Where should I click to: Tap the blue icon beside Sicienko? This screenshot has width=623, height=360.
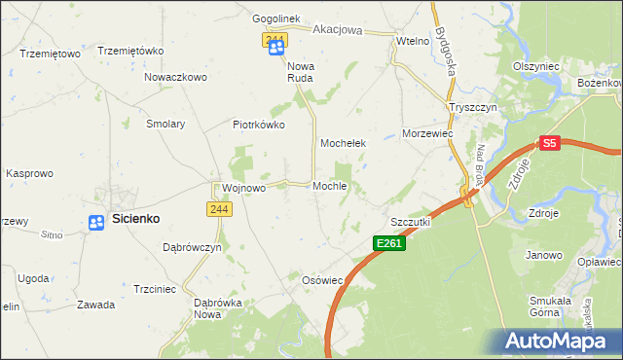click(x=96, y=223)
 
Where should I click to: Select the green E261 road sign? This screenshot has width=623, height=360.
click(x=389, y=242)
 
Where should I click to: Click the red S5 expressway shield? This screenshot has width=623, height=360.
click(x=550, y=143)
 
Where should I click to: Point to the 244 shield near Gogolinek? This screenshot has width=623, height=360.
click(x=275, y=40)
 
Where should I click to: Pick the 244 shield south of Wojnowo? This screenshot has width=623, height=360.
click(x=219, y=210)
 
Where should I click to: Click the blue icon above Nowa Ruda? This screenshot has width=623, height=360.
click(x=276, y=48)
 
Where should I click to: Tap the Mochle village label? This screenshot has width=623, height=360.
click(x=330, y=186)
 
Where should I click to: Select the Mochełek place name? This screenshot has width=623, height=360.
click(x=343, y=143)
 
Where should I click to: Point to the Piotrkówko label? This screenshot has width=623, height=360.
click(x=258, y=125)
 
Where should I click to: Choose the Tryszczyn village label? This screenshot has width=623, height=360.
click(x=473, y=107)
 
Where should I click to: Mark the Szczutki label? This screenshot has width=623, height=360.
click(x=410, y=222)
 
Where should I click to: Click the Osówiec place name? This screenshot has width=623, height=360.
click(x=324, y=280)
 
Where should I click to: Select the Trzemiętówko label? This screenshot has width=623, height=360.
click(x=129, y=51)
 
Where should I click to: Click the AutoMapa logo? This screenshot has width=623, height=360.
click(x=559, y=342)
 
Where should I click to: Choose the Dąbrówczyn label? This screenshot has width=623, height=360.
click(x=193, y=247)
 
